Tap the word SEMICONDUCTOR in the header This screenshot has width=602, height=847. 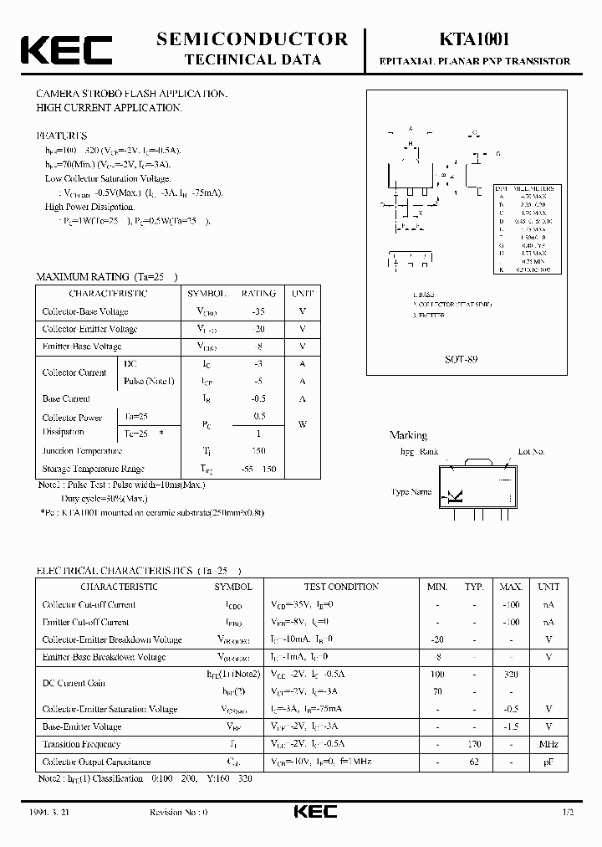pyautogui.click(x=253, y=38)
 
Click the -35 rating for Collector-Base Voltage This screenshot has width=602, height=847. pyautogui.click(x=258, y=311)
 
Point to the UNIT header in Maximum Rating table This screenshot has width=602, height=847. pyautogui.click(x=302, y=294)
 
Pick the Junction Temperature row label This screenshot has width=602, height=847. pyautogui.click(x=82, y=451)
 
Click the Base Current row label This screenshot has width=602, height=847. pyautogui.click(x=66, y=399)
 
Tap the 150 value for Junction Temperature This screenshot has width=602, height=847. pyautogui.click(x=258, y=451)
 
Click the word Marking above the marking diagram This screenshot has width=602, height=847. pyautogui.click(x=408, y=435)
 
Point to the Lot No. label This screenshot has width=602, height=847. pyautogui.click(x=531, y=452)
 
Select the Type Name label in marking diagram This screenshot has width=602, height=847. pyautogui.click(x=411, y=492)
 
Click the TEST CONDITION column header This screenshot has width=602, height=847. pyautogui.click(x=342, y=588)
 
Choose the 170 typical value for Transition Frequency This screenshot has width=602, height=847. pyautogui.click(x=474, y=744)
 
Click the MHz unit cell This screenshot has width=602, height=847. pyautogui.click(x=548, y=744)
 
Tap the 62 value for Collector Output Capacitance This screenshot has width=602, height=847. pyautogui.click(x=474, y=762)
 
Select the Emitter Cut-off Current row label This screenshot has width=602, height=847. pyautogui.click(x=85, y=623)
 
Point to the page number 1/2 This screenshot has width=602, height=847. pyautogui.click(x=569, y=813)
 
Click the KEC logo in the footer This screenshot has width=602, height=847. pyautogui.click(x=315, y=812)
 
